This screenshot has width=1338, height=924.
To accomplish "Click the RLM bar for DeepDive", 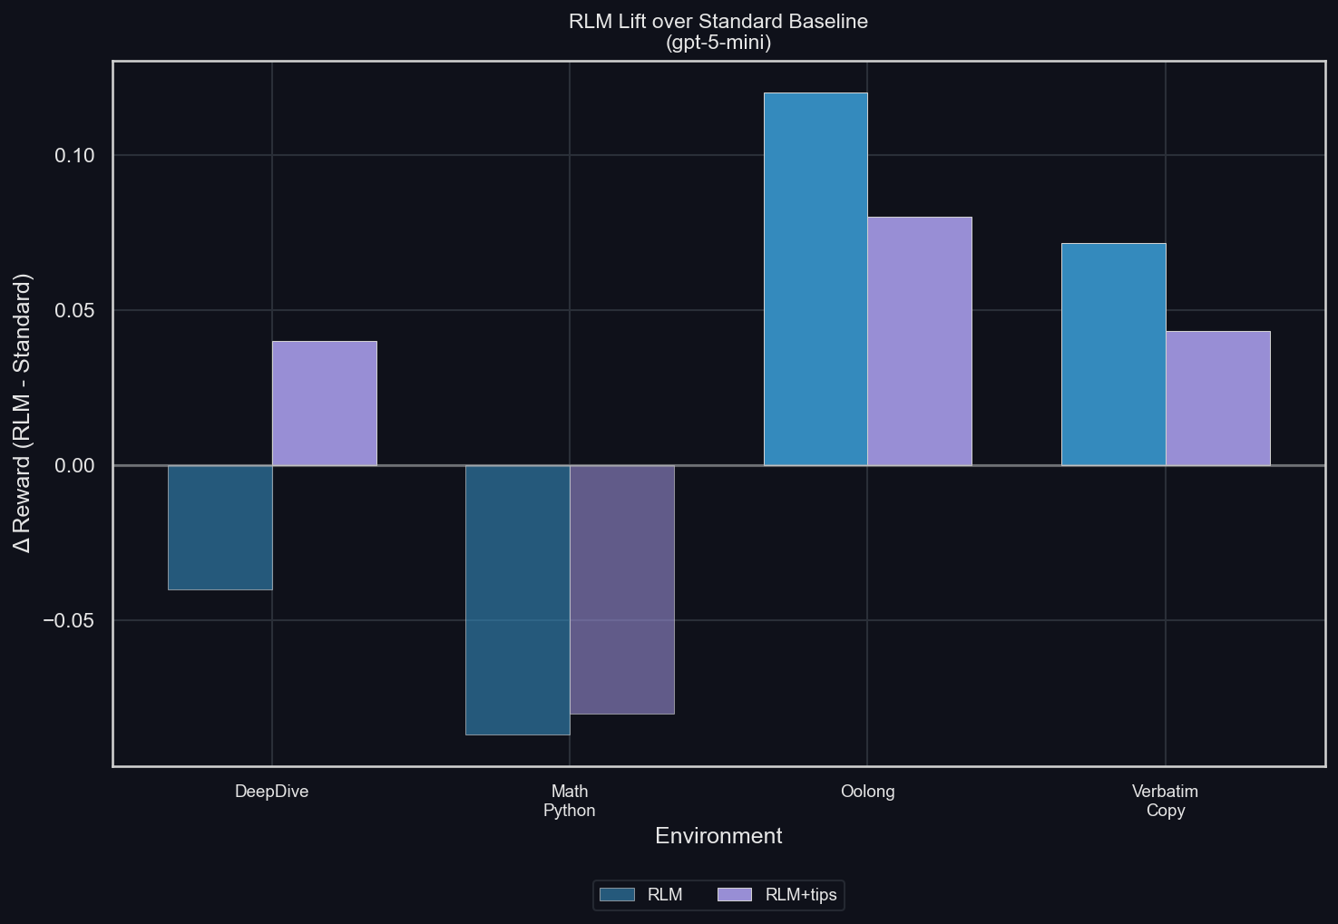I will (x=220, y=528).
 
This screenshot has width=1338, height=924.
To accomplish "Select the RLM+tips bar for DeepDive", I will (x=325, y=404).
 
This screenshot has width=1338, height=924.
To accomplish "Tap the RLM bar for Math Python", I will (x=518, y=599).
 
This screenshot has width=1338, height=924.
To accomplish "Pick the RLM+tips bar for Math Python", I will (x=622, y=589).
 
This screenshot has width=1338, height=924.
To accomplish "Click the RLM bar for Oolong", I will (x=815, y=279).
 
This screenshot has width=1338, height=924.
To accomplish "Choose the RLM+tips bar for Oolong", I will (x=920, y=341).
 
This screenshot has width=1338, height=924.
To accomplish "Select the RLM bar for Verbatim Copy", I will (x=1114, y=355).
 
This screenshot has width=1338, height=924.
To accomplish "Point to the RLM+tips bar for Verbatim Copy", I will (x=1218, y=398).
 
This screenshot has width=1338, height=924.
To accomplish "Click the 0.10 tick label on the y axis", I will (x=74, y=156).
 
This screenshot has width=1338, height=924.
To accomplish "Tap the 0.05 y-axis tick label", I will (x=74, y=311).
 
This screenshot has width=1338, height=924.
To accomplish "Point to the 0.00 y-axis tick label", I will (x=74, y=466).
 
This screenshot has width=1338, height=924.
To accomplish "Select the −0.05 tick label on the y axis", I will (x=69, y=621).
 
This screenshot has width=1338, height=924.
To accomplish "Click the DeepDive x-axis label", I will (x=272, y=792).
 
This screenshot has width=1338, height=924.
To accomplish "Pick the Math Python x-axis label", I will (x=570, y=801).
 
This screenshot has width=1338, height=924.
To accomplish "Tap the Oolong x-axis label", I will (x=868, y=792).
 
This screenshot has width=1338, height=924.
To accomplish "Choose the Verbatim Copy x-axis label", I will (x=1166, y=801).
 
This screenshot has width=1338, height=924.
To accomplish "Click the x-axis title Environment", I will (x=718, y=836).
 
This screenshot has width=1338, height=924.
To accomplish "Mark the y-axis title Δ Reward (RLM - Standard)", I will (x=23, y=413).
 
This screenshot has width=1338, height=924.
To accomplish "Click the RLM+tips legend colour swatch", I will (x=735, y=895).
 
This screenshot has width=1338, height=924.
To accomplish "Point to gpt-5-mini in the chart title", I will (x=718, y=43).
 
